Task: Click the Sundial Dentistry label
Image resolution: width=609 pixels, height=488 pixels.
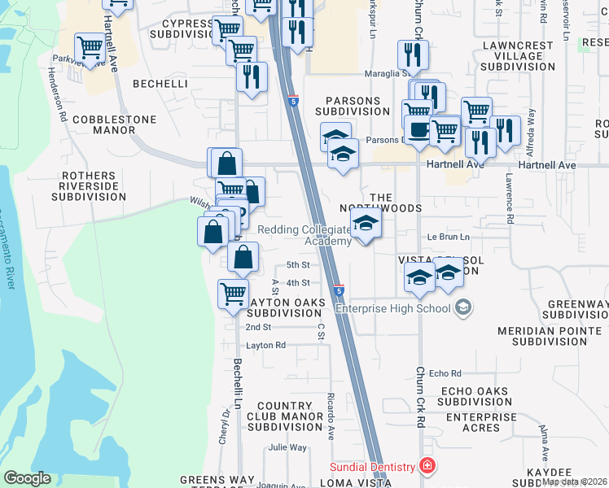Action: pos(373,467)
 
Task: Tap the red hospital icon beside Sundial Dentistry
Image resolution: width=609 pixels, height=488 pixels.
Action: pos(427,466)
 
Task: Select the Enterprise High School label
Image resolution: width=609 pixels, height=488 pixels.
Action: pos(392,308)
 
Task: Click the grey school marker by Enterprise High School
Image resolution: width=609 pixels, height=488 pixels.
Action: pos(463,307)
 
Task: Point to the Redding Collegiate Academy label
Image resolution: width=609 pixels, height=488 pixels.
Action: pos(304,235)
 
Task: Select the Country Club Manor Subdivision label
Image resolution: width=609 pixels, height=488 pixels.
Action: pos(285,416)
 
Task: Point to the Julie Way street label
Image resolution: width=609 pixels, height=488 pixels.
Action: pos(287,447)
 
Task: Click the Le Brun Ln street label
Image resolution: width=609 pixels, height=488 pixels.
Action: pos(449,237)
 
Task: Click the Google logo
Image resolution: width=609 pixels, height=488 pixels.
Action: pos(27,478)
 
